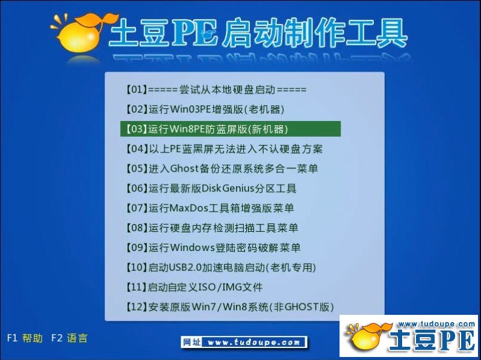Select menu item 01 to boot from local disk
pyautogui.click(x=216, y=90)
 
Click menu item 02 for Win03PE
pyautogui.click(x=205, y=110)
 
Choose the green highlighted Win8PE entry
pyautogui.click(x=231, y=129)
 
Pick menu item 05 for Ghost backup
pyautogui.click(x=222, y=169)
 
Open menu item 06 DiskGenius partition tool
pyautogui.click(x=211, y=188)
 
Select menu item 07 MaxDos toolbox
pyautogui.click(x=209, y=208)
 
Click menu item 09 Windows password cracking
pyautogui.click(x=213, y=247)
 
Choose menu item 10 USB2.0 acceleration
pyautogui.click(x=220, y=267)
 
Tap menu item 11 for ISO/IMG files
pyautogui.click(x=194, y=287)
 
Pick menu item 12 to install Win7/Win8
pyautogui.click(x=229, y=307)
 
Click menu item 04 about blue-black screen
pyautogui.click(x=224, y=149)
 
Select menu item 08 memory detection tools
pyautogui.click(x=212, y=228)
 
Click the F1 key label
pyautogui.click(x=12, y=338)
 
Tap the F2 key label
pyautogui.click(x=57, y=338)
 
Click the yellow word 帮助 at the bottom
pyautogui.click(x=33, y=338)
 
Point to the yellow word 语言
pyautogui.click(x=77, y=338)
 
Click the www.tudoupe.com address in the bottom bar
pyautogui.click(x=253, y=342)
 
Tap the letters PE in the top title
pyautogui.click(x=194, y=32)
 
